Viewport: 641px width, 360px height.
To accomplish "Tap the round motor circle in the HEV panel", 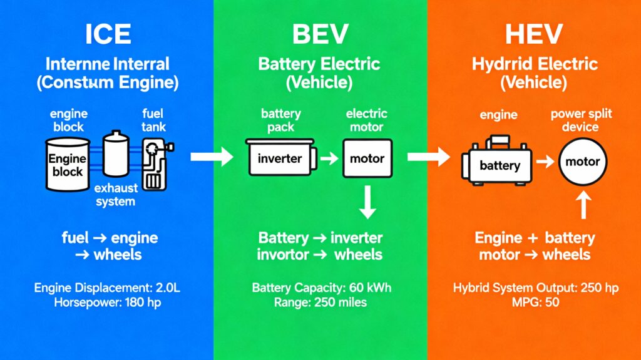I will [x=582, y=162].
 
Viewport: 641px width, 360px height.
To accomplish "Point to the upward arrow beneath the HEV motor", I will [x=583, y=205].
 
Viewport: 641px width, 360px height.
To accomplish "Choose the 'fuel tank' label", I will [x=153, y=120].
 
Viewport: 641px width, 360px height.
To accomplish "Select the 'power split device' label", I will [x=581, y=120].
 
